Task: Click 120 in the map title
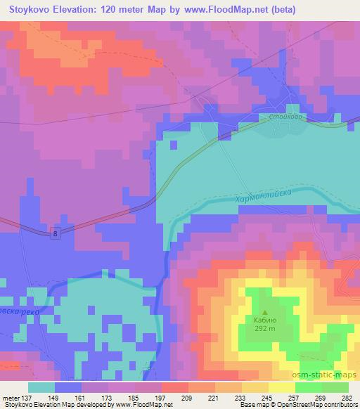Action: click(117, 10)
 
